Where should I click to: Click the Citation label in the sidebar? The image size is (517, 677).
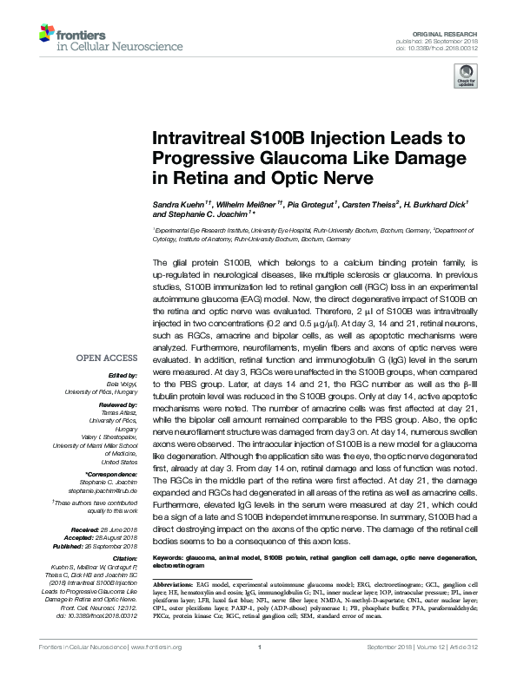(125, 533)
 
